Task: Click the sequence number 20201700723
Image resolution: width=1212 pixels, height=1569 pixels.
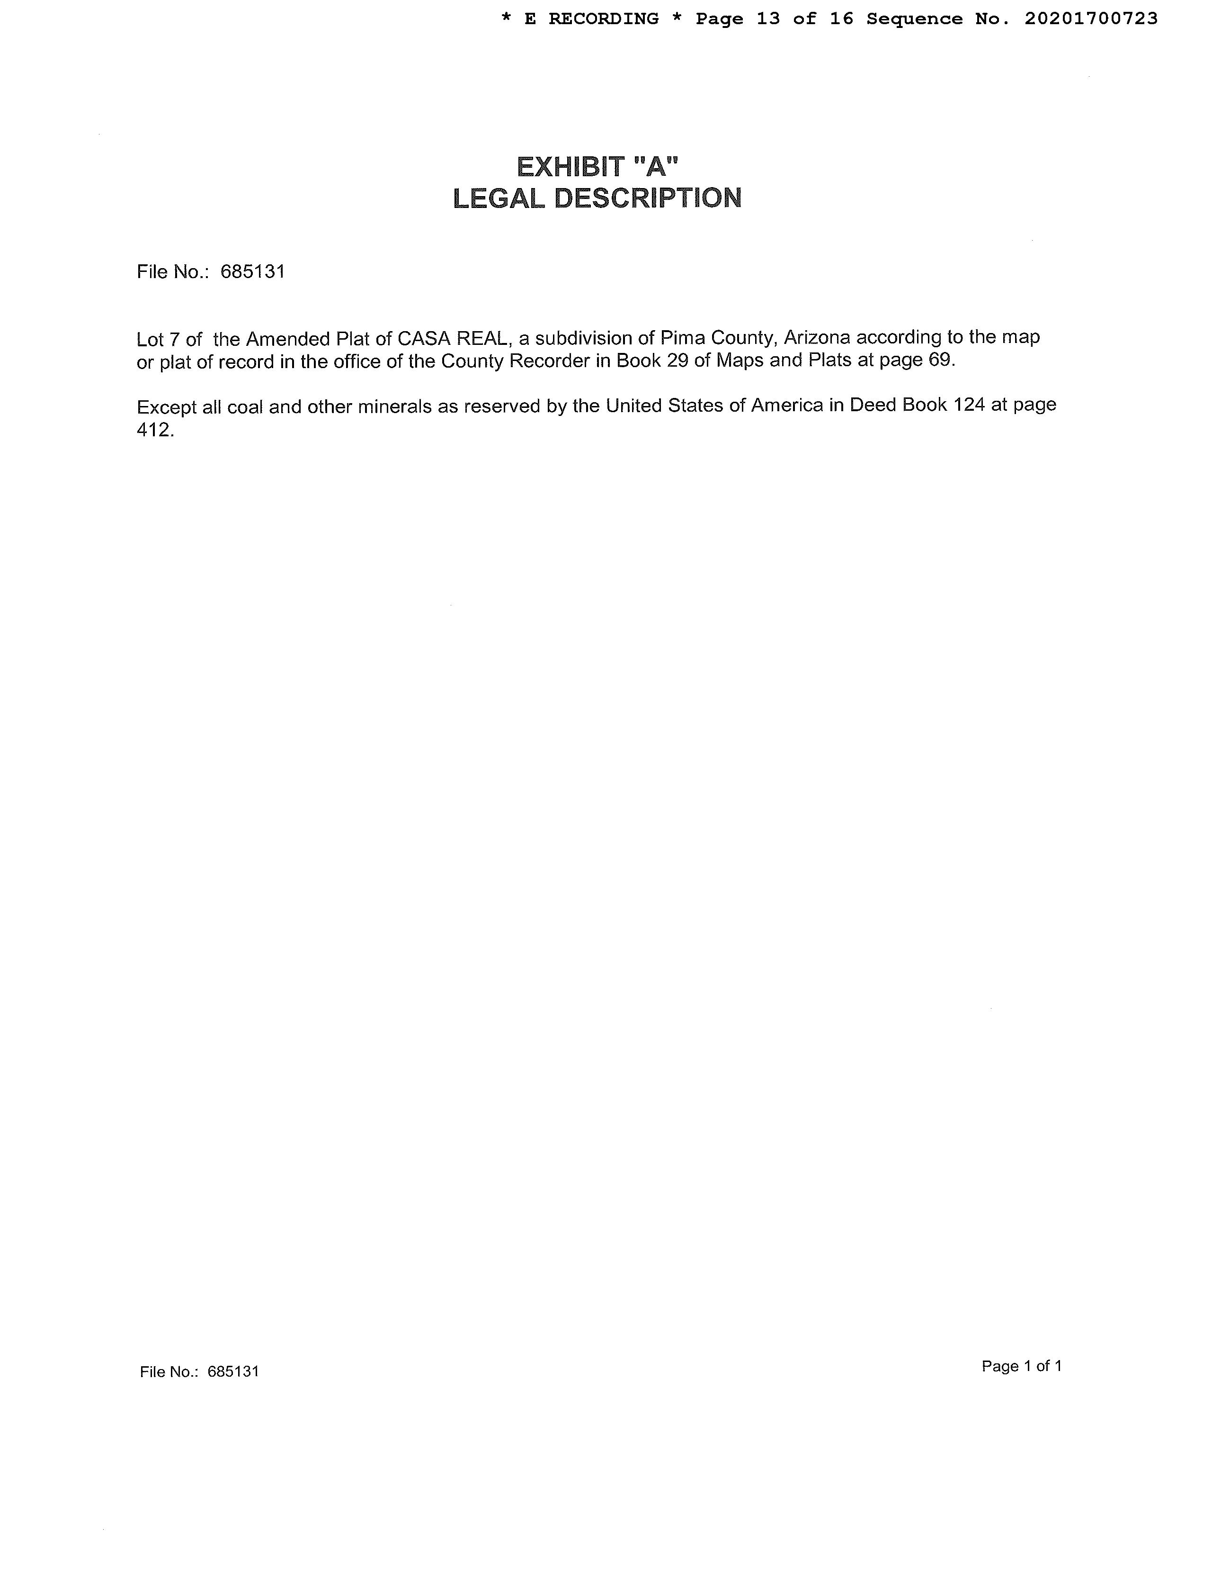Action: tap(1091, 18)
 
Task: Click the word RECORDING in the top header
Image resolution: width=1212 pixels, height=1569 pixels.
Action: tap(603, 18)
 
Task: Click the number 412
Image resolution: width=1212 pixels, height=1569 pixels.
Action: tap(154, 430)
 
